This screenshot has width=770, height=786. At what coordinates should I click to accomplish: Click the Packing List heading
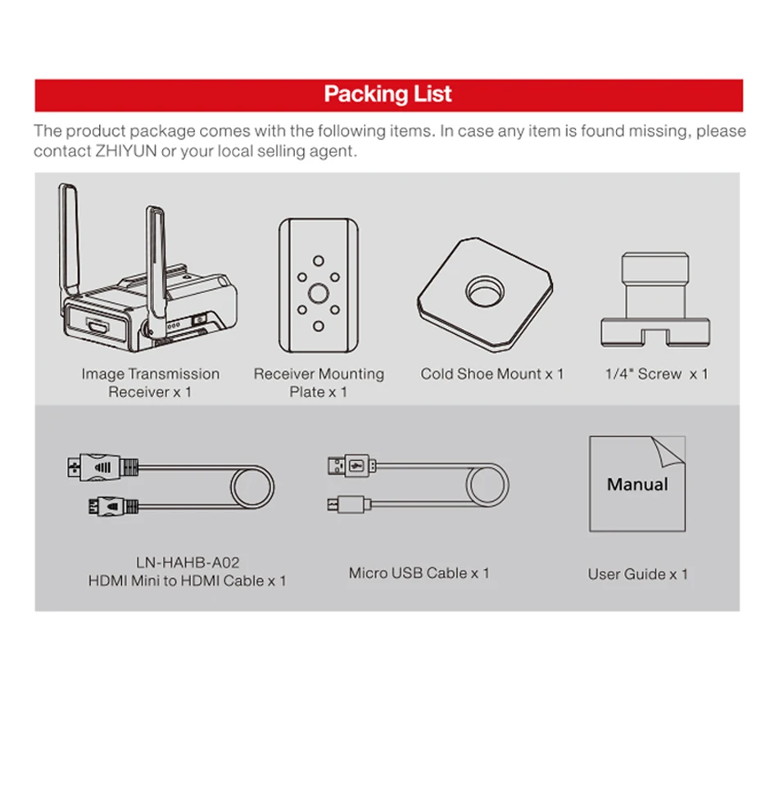coord(387,94)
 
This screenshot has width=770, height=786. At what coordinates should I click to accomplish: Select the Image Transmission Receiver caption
coord(150,382)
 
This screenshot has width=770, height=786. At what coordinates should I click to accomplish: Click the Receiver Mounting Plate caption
coord(318,382)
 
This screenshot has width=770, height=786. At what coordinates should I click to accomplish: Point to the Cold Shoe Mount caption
coord(491,374)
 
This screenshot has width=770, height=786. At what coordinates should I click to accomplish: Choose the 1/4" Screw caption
coord(656,374)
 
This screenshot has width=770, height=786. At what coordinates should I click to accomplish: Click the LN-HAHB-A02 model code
coord(188,562)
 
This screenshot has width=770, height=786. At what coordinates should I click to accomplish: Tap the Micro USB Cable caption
coord(419,573)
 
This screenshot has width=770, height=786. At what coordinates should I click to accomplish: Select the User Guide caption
coord(637,574)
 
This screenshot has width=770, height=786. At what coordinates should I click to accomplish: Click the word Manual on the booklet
coord(637,484)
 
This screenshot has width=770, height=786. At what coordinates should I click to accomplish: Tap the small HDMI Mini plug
coord(103,508)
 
